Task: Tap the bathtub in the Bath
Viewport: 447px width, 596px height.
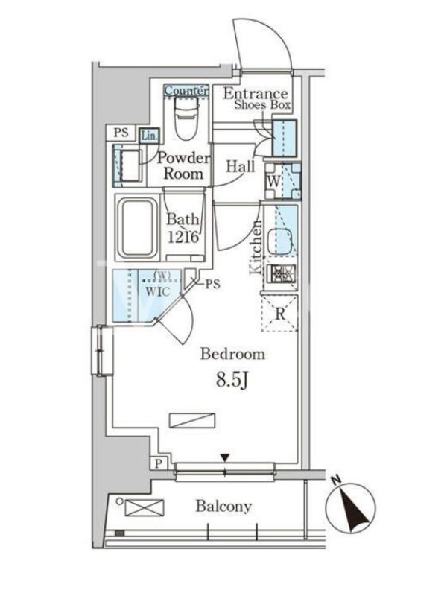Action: (138, 228)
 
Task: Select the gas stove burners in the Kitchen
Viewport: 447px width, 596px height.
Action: (282, 273)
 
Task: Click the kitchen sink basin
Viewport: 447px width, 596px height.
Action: (281, 242)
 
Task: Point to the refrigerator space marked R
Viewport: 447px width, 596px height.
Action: (280, 314)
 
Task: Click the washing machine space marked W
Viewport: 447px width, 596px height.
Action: (283, 181)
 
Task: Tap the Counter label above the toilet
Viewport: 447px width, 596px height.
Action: (186, 90)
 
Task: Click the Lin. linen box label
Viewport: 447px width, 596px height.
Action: (150, 136)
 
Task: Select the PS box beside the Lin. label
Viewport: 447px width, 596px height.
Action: (121, 133)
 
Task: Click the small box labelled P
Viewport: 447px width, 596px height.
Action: (159, 463)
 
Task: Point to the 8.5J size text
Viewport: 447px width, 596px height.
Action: (232, 380)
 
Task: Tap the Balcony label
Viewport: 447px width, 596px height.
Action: (224, 506)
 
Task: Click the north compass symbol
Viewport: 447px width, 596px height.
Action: (351, 508)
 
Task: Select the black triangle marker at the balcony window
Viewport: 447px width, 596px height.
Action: (225, 457)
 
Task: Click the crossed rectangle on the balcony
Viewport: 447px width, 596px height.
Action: (145, 507)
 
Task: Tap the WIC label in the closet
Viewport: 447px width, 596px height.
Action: (158, 292)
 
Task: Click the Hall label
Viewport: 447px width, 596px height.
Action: (241, 166)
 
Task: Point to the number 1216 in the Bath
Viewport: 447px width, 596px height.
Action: (183, 237)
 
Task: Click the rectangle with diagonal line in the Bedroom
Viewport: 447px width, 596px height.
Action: (192, 420)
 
